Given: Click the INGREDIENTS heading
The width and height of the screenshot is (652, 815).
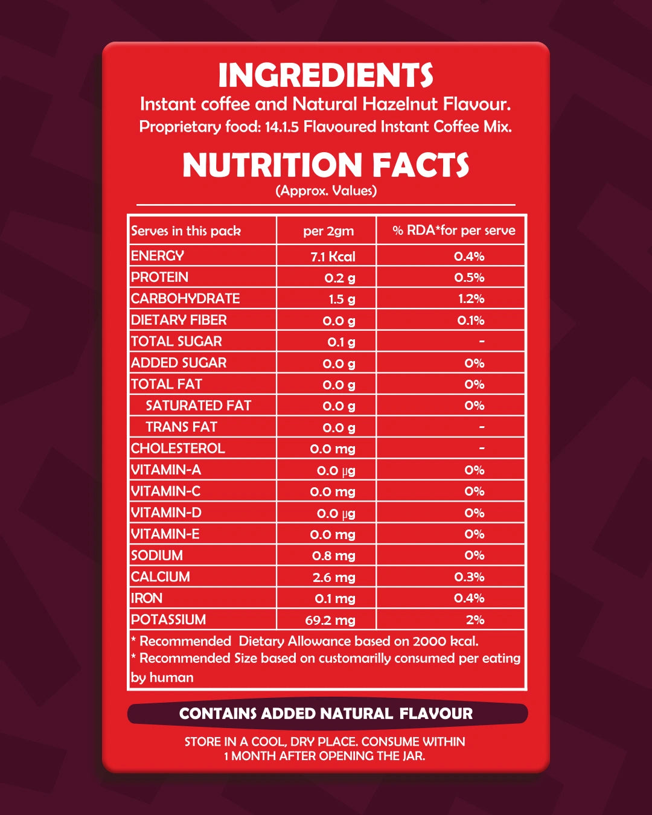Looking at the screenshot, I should point(326,76).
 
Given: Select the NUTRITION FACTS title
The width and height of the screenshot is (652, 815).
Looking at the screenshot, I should point(326,165).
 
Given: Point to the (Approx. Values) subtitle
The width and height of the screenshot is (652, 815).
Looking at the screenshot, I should point(326,191).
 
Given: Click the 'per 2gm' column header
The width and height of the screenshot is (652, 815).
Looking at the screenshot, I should point(328,231).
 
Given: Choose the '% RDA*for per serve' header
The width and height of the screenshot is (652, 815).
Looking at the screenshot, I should point(454,231).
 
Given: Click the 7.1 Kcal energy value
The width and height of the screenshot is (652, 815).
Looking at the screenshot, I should point(333,257).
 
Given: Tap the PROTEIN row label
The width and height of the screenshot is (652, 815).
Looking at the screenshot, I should point(160,277).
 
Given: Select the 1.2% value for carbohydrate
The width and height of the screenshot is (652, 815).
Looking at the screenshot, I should point(471,299).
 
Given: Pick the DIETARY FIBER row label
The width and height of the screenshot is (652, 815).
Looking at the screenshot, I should point(179,320).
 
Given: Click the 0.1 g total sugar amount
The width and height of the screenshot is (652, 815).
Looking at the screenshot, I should point(341,342).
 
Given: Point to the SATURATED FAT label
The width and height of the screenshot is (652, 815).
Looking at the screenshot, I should point(199,406).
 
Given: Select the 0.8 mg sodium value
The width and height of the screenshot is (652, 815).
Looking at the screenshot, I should point(333,556).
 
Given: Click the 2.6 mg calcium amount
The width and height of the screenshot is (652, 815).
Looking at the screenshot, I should point(334,578).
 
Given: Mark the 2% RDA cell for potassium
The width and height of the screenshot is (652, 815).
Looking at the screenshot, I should point(475,620).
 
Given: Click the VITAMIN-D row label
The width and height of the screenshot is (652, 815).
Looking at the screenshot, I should point(167,513).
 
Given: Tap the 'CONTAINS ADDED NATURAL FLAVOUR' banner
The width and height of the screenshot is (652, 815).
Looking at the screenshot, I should point(326,714).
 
